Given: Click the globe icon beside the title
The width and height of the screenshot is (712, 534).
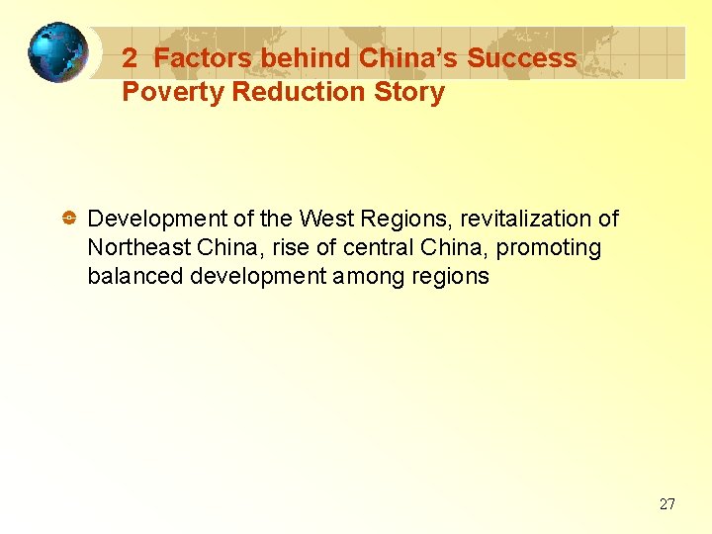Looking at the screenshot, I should tap(56, 52).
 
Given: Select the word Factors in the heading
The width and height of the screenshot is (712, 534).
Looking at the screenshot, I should tap(203, 58).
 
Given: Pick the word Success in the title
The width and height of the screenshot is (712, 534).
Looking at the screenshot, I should tap(521, 58).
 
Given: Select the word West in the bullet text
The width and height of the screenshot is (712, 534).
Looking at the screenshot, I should tap(324, 219).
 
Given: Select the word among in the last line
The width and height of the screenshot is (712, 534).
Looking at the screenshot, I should tap(367, 276).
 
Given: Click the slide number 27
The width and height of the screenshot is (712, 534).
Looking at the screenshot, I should tap(667, 504).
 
